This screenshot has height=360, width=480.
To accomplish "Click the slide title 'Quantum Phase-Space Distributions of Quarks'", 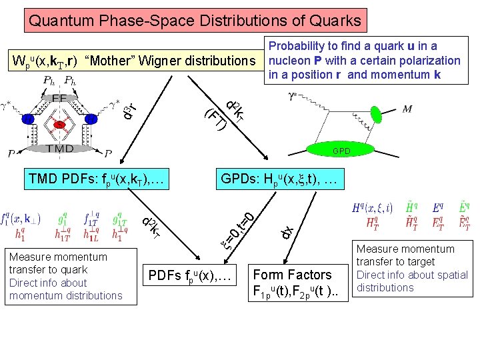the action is [195, 20].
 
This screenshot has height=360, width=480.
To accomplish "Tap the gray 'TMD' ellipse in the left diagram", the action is [59, 149].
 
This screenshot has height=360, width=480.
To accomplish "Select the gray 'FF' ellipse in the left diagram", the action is [59, 97].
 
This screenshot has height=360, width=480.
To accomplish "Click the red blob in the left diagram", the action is [60, 124].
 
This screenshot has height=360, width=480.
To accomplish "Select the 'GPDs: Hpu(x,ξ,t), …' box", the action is [281, 179].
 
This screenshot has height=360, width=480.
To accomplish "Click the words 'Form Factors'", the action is [292, 275].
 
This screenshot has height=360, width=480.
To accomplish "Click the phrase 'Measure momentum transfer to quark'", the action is [58, 263].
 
